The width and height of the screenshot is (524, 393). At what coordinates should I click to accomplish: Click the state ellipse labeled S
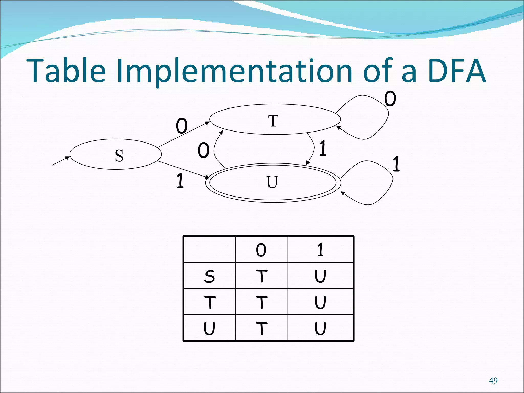(116, 154)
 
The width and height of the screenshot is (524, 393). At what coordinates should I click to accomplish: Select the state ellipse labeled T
(275, 119)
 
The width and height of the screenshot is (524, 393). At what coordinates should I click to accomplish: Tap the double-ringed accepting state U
(273, 183)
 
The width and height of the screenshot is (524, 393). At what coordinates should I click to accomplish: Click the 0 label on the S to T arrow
(182, 126)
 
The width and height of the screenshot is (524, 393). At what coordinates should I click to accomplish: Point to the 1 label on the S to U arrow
(180, 181)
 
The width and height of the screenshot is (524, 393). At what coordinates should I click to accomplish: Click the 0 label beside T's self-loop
(390, 99)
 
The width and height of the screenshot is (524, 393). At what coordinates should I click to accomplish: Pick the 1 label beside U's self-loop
(396, 164)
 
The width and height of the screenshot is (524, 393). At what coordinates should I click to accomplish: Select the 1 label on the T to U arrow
(323, 148)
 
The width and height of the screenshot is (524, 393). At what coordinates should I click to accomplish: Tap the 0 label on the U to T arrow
(203, 150)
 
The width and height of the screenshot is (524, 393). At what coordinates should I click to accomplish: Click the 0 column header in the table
(261, 250)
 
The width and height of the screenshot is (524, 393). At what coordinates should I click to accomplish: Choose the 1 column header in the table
(320, 250)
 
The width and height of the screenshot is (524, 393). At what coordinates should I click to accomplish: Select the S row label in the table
(209, 276)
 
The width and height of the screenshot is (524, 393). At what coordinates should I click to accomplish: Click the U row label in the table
(209, 329)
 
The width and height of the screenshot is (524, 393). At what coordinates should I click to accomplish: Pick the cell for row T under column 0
(261, 302)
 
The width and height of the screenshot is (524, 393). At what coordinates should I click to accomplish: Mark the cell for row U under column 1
(320, 329)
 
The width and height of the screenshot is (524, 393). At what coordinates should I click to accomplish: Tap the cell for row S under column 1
(320, 276)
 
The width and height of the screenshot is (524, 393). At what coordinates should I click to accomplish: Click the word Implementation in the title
(234, 71)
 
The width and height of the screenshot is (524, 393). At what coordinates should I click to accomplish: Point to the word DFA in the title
(456, 71)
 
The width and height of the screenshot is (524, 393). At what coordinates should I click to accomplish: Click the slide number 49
(493, 381)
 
